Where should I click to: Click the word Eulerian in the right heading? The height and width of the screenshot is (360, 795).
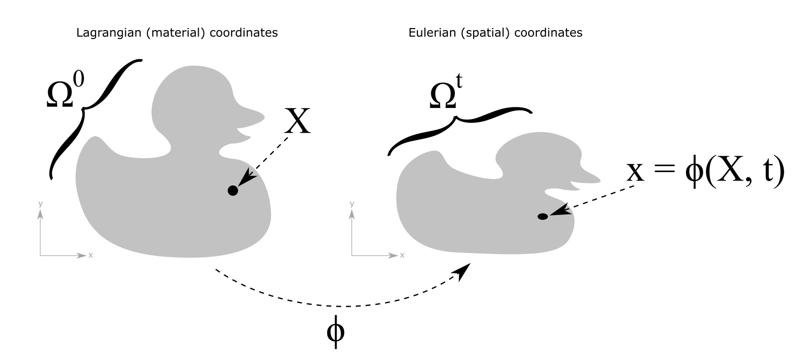click(x=427, y=33)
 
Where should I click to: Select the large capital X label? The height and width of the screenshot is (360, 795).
click(x=297, y=121)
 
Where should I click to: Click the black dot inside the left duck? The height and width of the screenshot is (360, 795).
click(x=233, y=191)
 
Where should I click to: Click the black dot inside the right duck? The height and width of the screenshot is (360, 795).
click(x=543, y=216)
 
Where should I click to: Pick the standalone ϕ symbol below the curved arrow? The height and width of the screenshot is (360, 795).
click(x=336, y=332)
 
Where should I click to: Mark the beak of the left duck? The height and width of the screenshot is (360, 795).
click(x=249, y=116)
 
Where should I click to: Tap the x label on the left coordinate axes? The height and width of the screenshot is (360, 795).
click(x=91, y=255)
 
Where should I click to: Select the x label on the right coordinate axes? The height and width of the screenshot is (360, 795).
click(x=402, y=255)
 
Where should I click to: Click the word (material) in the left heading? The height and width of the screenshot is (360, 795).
click(x=147, y=33)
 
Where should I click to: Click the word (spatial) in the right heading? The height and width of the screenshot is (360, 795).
click(x=472, y=33)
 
